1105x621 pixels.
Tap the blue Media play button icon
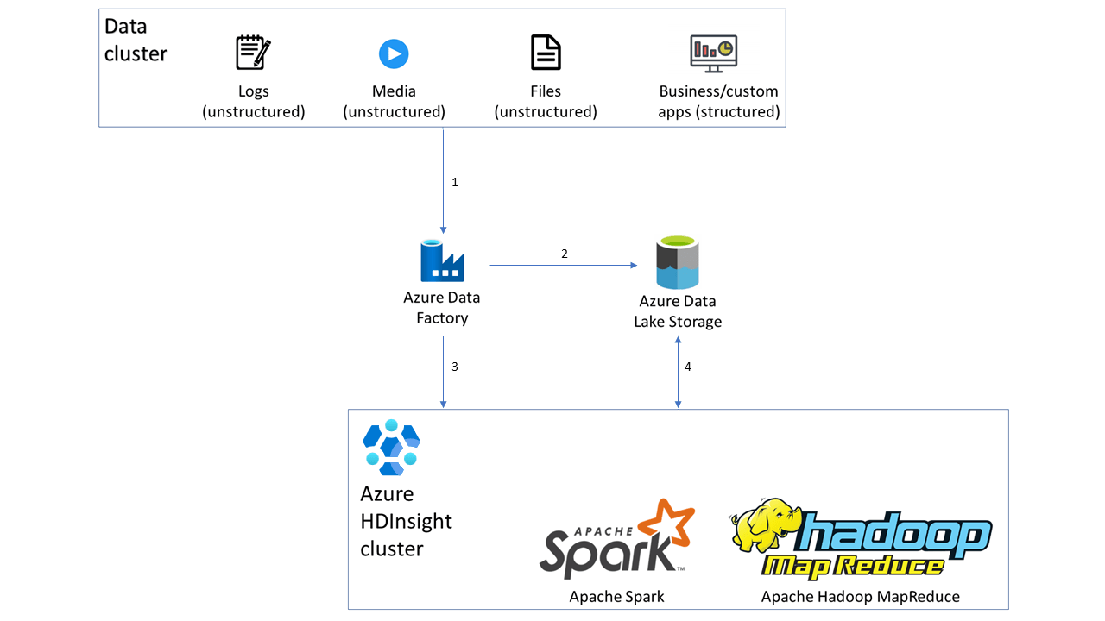point(394,53)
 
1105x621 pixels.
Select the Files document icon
point(546,53)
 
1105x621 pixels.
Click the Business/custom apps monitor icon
point(713,53)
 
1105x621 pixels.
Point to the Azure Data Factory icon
point(442,261)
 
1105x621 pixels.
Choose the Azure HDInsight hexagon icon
point(390,448)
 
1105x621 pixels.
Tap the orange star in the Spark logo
point(666,524)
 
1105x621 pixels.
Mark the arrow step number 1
point(455,183)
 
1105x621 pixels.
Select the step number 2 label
point(565,254)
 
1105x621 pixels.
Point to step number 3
point(455,367)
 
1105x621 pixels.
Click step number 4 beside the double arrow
point(688,367)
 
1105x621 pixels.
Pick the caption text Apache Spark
point(616,596)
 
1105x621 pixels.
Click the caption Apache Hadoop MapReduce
point(860,596)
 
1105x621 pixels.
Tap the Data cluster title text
point(136,40)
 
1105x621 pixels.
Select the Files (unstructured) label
point(546,102)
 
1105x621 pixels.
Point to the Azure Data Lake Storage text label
point(678,311)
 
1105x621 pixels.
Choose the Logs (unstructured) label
point(254,102)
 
